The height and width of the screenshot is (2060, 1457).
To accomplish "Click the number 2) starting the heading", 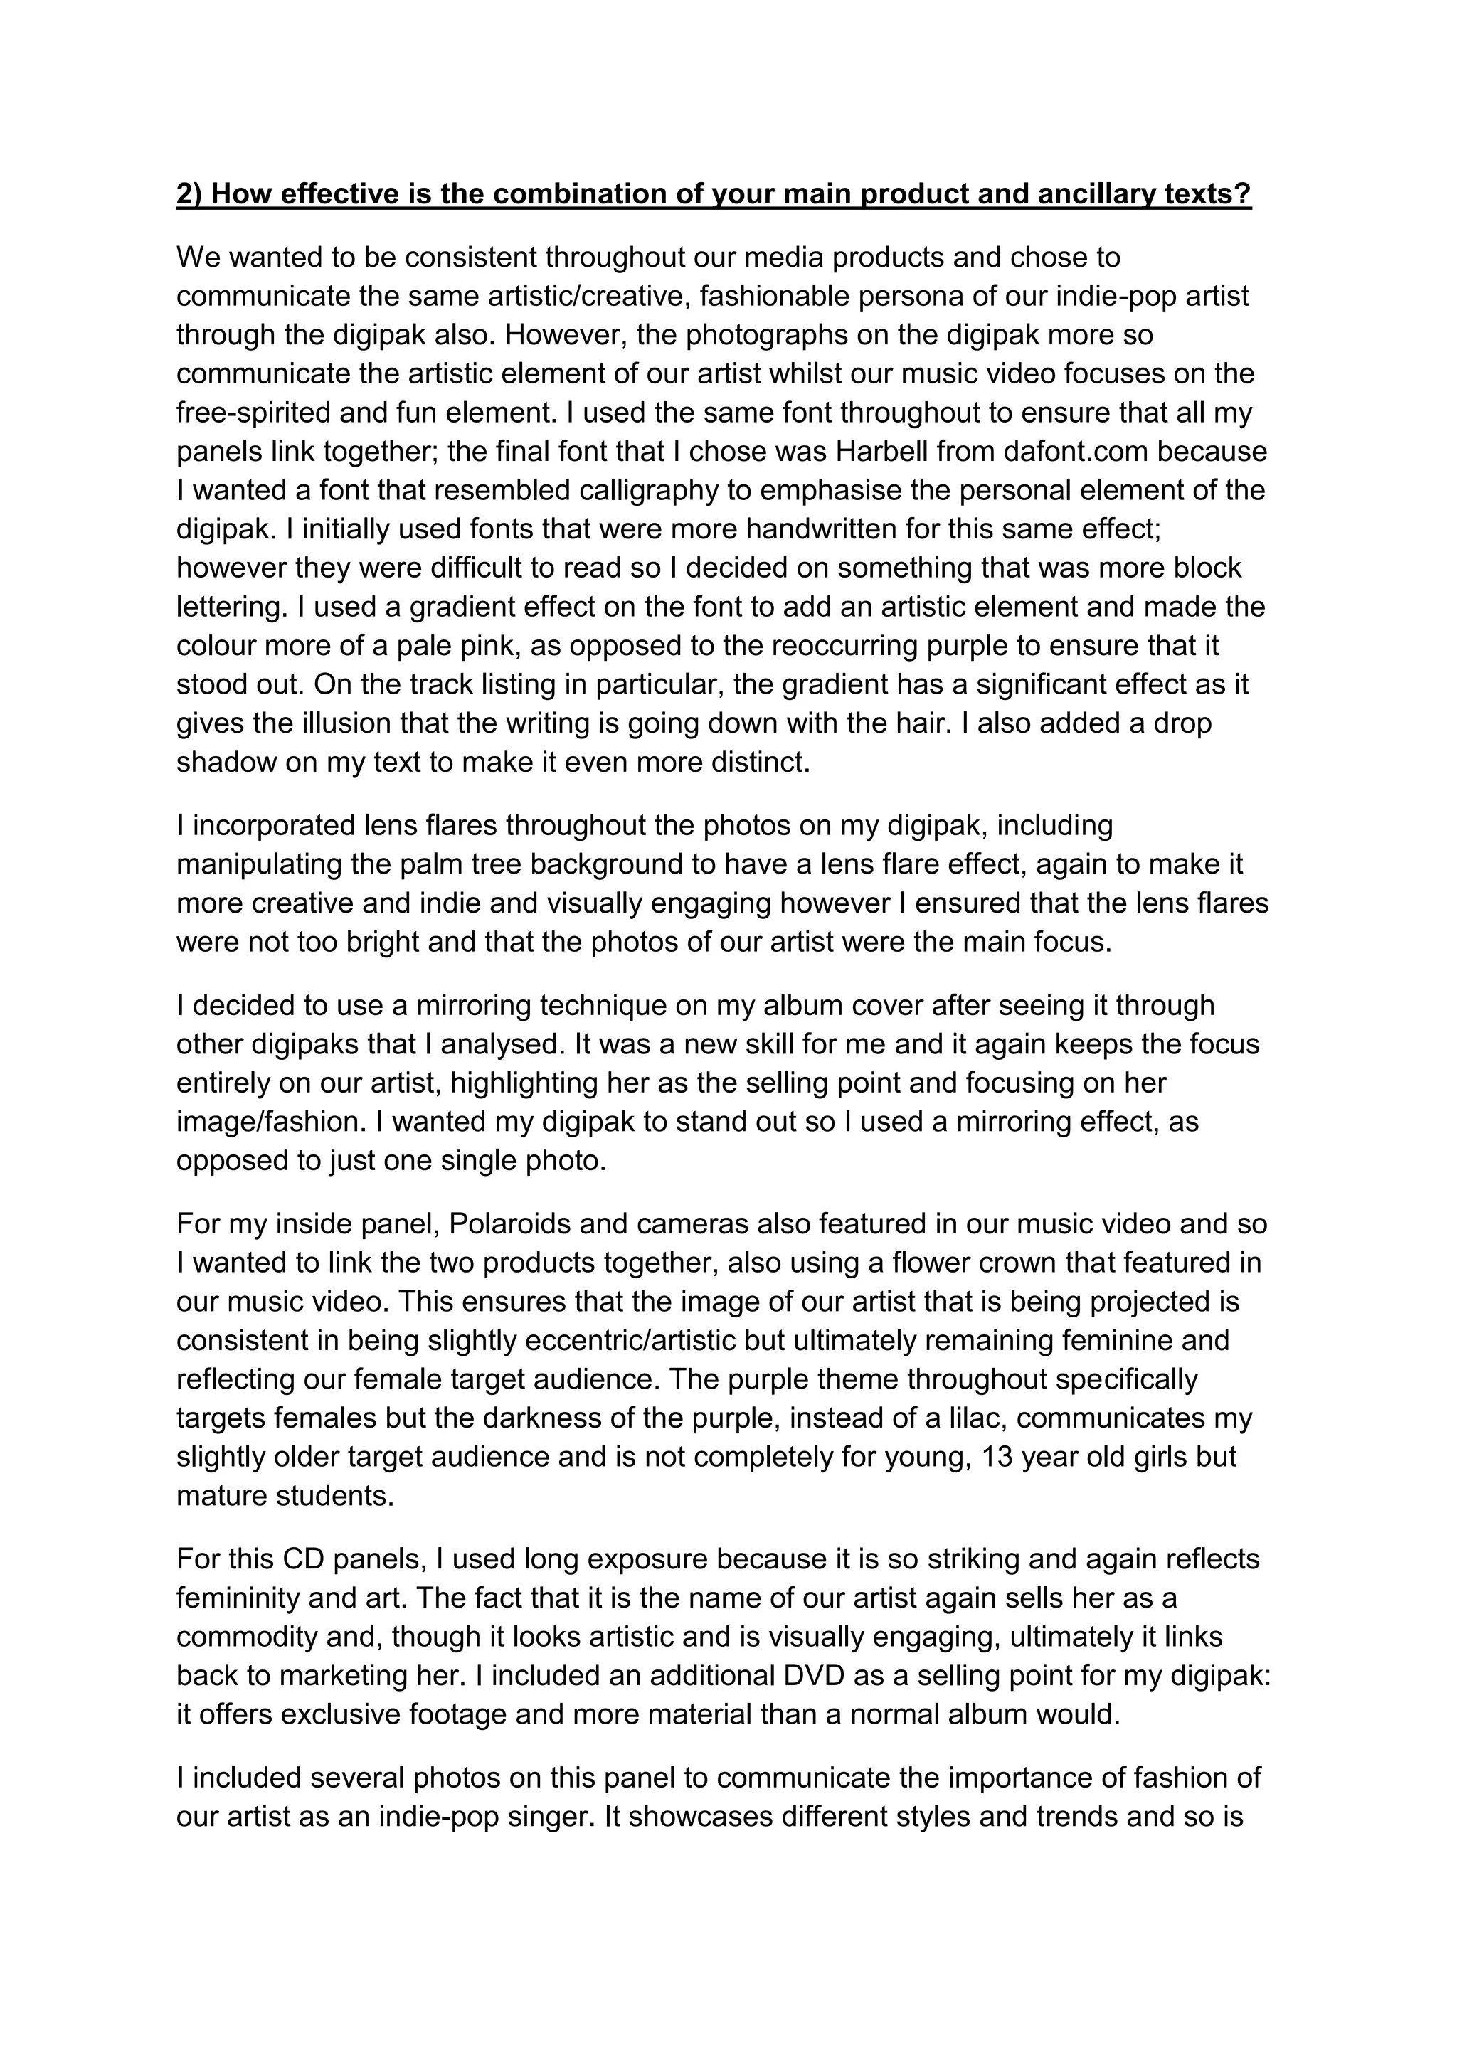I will tap(189, 195).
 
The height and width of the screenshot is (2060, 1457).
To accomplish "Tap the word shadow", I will tap(226, 762).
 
